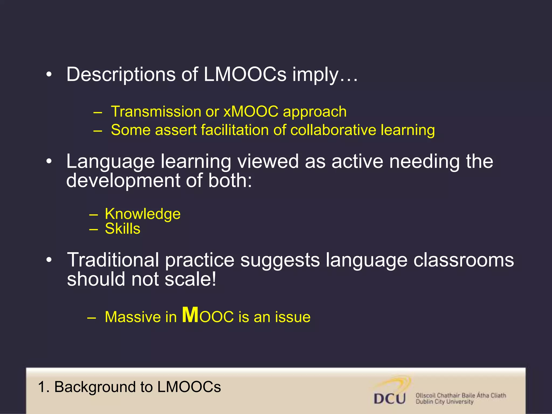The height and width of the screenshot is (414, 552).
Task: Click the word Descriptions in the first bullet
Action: [x=120, y=74]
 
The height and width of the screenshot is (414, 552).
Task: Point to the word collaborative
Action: [x=333, y=130]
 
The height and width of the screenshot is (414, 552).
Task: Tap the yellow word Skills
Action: [x=123, y=229]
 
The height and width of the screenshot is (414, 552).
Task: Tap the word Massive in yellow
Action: [x=133, y=317]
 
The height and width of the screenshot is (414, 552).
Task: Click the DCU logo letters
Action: [x=390, y=398]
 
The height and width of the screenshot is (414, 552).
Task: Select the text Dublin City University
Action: [x=444, y=402]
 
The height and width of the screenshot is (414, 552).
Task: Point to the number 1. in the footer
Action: [x=44, y=387]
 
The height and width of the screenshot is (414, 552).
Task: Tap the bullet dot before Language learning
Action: [x=49, y=161]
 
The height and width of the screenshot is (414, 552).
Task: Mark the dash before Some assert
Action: [x=98, y=131]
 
